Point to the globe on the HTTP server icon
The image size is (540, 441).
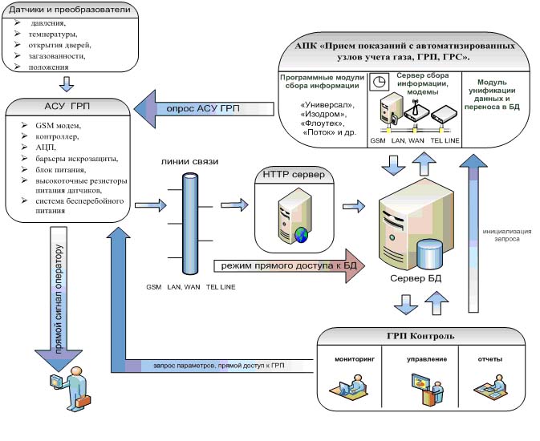(301, 234)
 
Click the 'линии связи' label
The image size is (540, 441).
(190, 161)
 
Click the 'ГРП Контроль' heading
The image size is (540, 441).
(421, 335)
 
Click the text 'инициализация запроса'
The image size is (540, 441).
(505, 234)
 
